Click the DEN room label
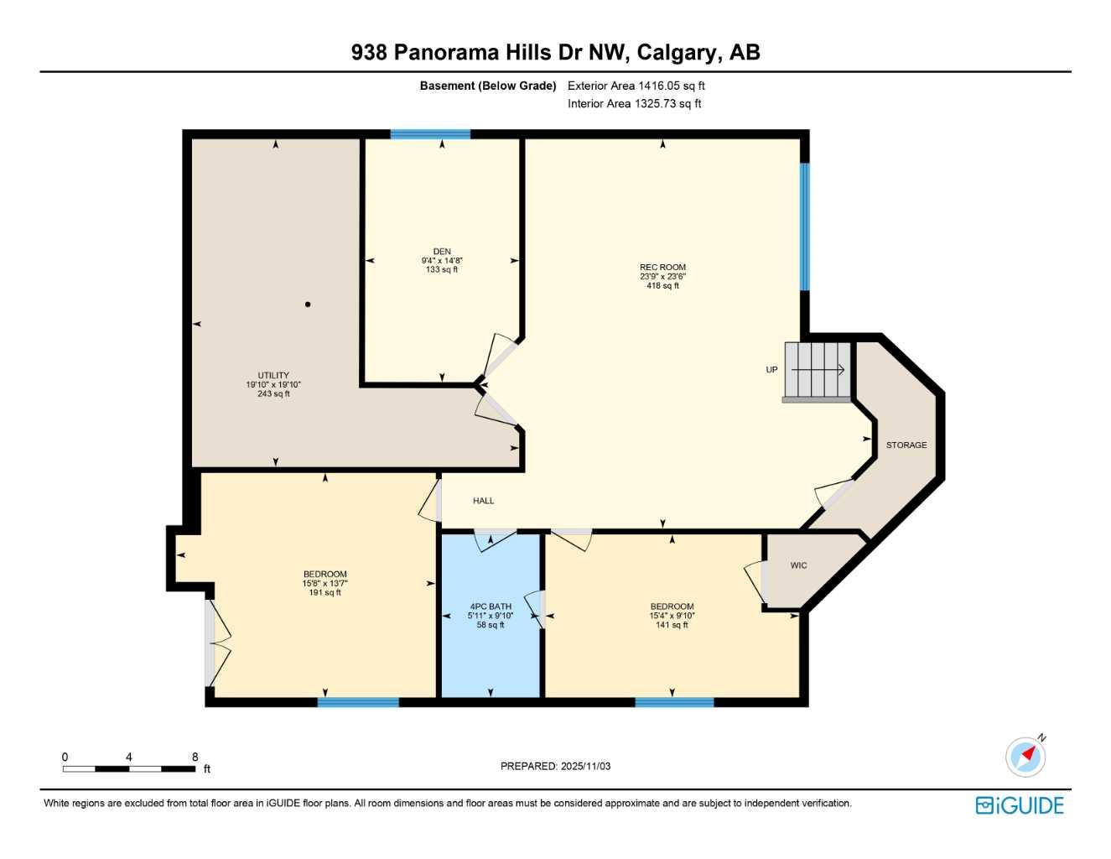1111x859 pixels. point(442,252)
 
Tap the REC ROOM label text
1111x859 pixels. point(662,268)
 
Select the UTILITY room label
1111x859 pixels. point(273,376)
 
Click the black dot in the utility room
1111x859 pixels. point(308,305)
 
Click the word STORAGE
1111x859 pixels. point(906,445)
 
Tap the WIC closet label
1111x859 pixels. point(798,565)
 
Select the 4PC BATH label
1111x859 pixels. point(491,607)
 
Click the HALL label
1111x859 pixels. point(483,501)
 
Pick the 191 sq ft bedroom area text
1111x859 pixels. point(325,593)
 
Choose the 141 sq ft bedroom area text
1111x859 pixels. point(672,625)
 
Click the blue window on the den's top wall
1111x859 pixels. point(430,134)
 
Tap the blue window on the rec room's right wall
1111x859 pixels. point(804,226)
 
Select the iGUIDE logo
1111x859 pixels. point(1020,805)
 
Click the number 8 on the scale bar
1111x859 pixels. point(195,757)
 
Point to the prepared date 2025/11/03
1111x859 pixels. point(585,766)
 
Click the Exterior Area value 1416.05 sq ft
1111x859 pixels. point(671,86)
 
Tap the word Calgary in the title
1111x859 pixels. point(678,53)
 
